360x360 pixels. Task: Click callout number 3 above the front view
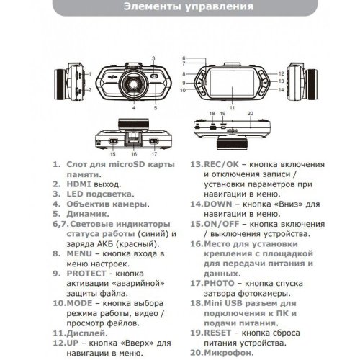click(x=153, y=56)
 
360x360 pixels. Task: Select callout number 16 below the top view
click(x=133, y=153)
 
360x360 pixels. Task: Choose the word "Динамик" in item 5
click(x=78, y=215)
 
